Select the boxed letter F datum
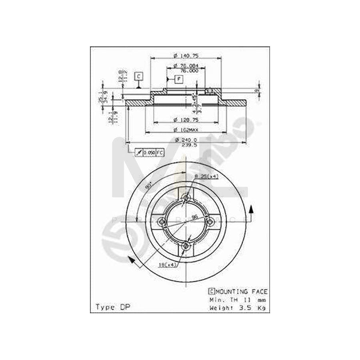click(179, 79)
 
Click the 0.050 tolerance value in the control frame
click(149, 153)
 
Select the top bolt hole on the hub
click(186, 198)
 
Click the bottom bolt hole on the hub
click(186, 247)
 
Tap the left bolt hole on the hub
click(162, 222)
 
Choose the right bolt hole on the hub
click(210, 222)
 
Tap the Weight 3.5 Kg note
click(238, 308)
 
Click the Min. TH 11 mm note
click(238, 300)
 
